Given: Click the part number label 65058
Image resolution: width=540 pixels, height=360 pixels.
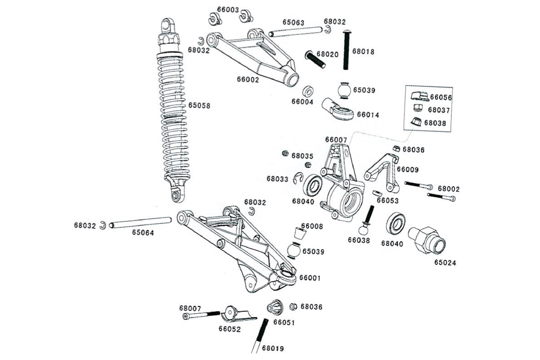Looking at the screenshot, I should [199, 106].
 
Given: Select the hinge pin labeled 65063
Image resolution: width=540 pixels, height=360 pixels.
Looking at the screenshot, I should [296, 32].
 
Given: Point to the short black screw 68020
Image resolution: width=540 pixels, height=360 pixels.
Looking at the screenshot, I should [316, 60].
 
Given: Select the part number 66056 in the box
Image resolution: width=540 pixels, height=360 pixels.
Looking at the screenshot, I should [441, 97].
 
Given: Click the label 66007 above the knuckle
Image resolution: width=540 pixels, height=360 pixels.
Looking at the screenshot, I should [336, 140].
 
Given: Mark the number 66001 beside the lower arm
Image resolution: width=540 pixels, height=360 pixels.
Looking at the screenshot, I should [310, 278].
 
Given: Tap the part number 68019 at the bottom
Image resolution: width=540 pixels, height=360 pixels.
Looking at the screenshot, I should [273, 348].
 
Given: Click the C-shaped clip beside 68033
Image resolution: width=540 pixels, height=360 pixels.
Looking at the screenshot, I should [298, 178].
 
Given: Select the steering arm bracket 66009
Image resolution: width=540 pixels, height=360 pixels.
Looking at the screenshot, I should [382, 170].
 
